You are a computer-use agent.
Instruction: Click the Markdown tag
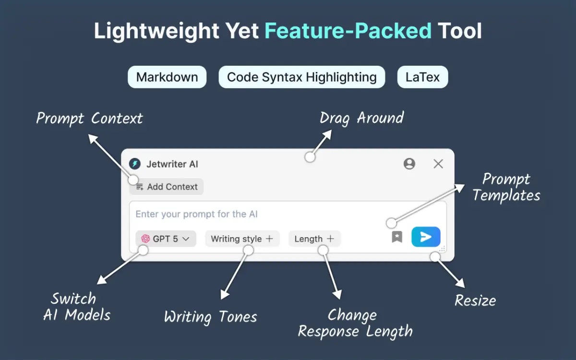167,77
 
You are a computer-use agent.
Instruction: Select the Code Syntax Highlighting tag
301,77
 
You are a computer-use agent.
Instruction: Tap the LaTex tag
422,77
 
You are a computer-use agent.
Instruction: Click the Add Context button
167,187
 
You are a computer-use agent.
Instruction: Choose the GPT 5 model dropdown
166,239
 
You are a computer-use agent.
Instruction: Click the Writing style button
242,239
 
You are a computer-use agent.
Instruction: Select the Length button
314,239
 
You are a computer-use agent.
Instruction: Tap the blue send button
426,237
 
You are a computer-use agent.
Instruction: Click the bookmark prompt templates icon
397,237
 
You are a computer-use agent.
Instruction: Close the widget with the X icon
438,164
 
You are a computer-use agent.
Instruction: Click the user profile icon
409,164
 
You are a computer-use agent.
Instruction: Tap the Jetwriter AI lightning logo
135,164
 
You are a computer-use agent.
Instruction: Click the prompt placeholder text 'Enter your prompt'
197,214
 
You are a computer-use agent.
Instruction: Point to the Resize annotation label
475,301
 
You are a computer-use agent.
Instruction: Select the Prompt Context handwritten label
90,119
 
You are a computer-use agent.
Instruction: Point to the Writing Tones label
210,317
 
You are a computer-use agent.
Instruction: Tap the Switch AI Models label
77,307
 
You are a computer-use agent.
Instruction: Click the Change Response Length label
355,323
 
